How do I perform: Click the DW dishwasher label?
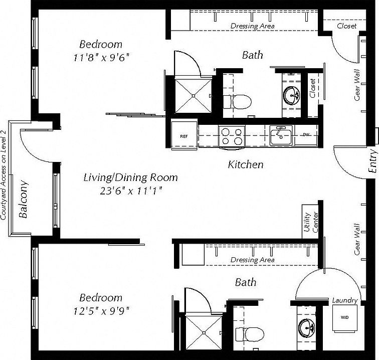coord(306,135)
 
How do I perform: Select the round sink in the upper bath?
coord(291,94)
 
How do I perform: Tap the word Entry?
coord(371,161)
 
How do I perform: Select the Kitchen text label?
coord(246,164)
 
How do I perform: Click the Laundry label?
coord(345,301)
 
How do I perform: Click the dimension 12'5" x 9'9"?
coord(101,310)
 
